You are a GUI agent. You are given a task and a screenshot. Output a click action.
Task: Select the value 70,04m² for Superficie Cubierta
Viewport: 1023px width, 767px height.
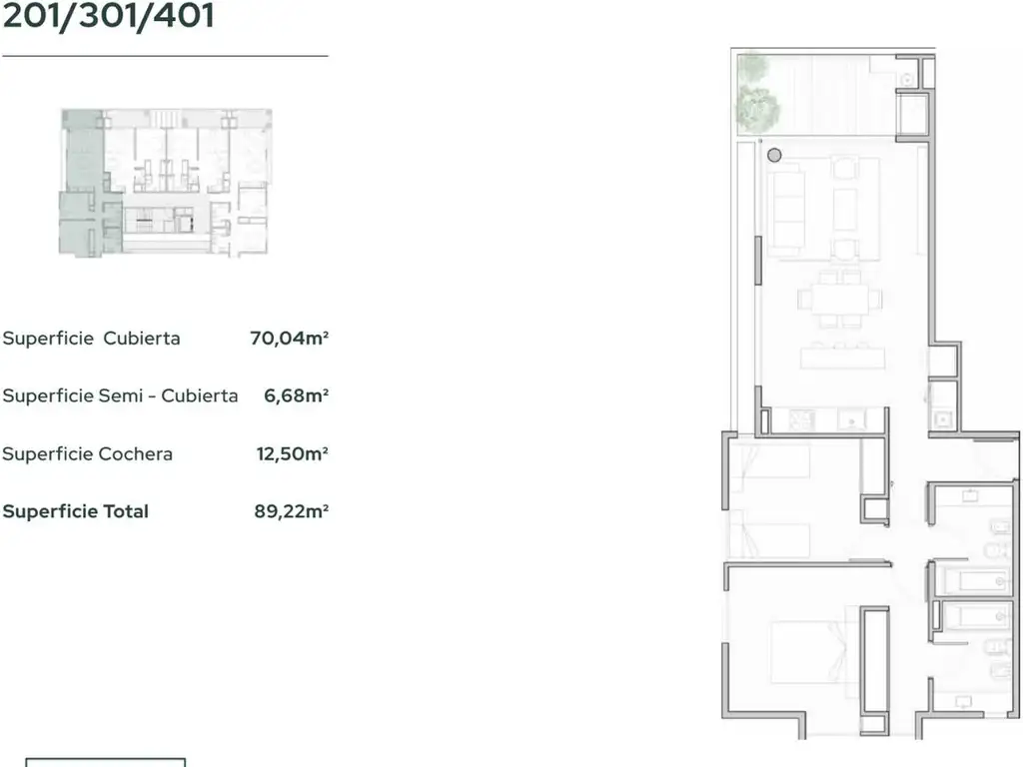[x=289, y=338]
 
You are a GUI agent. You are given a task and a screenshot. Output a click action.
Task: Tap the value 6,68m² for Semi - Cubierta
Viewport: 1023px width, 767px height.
[x=296, y=395]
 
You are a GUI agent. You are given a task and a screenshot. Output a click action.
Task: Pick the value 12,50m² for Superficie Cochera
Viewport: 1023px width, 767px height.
[x=293, y=453]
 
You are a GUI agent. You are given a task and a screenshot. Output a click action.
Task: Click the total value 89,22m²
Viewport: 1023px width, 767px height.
[x=291, y=510]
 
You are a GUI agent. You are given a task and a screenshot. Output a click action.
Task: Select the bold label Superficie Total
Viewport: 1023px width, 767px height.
[x=76, y=511]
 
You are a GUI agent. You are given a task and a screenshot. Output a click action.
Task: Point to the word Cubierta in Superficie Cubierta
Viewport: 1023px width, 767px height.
[x=142, y=338]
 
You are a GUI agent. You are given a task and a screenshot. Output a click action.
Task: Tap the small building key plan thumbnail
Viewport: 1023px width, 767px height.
[x=165, y=183]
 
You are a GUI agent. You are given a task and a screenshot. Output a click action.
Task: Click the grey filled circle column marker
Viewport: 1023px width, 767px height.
[x=774, y=155]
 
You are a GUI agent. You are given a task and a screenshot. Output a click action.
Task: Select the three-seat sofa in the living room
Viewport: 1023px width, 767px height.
[x=786, y=209]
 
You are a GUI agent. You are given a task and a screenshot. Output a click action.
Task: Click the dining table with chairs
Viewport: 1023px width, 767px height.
[x=839, y=300]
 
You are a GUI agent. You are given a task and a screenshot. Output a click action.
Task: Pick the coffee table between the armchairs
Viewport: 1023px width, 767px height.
[x=845, y=210]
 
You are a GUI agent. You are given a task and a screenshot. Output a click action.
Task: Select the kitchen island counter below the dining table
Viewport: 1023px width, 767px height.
[x=843, y=358]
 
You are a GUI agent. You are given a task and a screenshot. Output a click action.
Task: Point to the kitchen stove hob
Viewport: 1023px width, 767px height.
[x=801, y=419]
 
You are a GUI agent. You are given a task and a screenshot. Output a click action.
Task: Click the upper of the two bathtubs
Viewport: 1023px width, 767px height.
[x=973, y=580]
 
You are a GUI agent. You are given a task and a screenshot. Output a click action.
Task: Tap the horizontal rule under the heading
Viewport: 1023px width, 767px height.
[x=165, y=56]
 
